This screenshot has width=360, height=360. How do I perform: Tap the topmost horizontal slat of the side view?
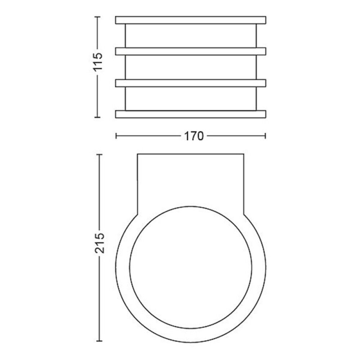click(x=190, y=20)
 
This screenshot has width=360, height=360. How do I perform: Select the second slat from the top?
click(x=190, y=51)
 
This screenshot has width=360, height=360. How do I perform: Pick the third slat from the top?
click(x=190, y=83)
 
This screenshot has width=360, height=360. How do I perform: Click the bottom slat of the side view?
click(x=190, y=114)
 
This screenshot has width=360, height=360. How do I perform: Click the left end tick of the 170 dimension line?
click(x=116, y=136)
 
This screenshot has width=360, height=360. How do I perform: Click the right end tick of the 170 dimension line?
click(x=265, y=136)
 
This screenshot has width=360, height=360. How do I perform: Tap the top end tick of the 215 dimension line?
click(x=100, y=154)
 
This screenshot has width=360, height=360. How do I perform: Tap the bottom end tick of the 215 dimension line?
click(x=100, y=341)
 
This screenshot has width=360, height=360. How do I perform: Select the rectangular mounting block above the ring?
click(x=190, y=180)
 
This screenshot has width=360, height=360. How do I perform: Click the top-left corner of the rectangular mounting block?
click(x=138, y=154)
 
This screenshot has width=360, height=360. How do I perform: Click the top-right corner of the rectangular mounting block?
click(x=244, y=154)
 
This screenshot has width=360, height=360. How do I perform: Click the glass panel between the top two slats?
click(x=190, y=36)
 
